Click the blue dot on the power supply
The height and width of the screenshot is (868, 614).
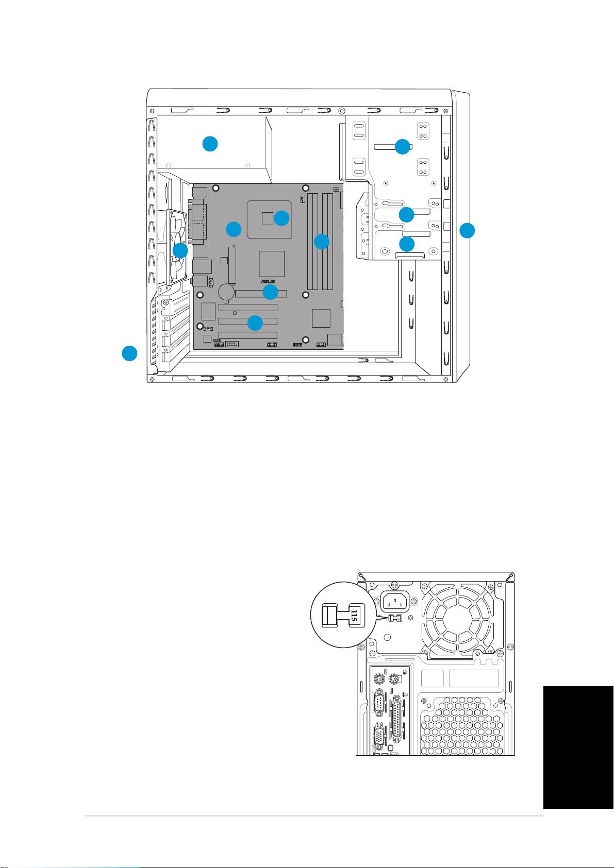tap(209, 144)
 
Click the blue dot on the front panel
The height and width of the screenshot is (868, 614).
tap(467, 230)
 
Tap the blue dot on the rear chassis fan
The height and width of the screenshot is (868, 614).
tap(180, 251)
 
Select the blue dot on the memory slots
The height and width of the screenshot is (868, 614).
tap(321, 241)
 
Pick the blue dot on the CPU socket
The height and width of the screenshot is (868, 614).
tap(281, 218)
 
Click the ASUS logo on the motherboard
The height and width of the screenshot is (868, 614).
tap(268, 281)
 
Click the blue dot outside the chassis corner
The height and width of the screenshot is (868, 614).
tap(129, 353)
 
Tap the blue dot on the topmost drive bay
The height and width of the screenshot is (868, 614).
tap(402, 147)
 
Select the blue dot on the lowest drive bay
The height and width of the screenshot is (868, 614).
tap(407, 244)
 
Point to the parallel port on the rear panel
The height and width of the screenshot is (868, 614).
tap(397, 719)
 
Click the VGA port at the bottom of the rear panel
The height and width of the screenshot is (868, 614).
tap(379, 738)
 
